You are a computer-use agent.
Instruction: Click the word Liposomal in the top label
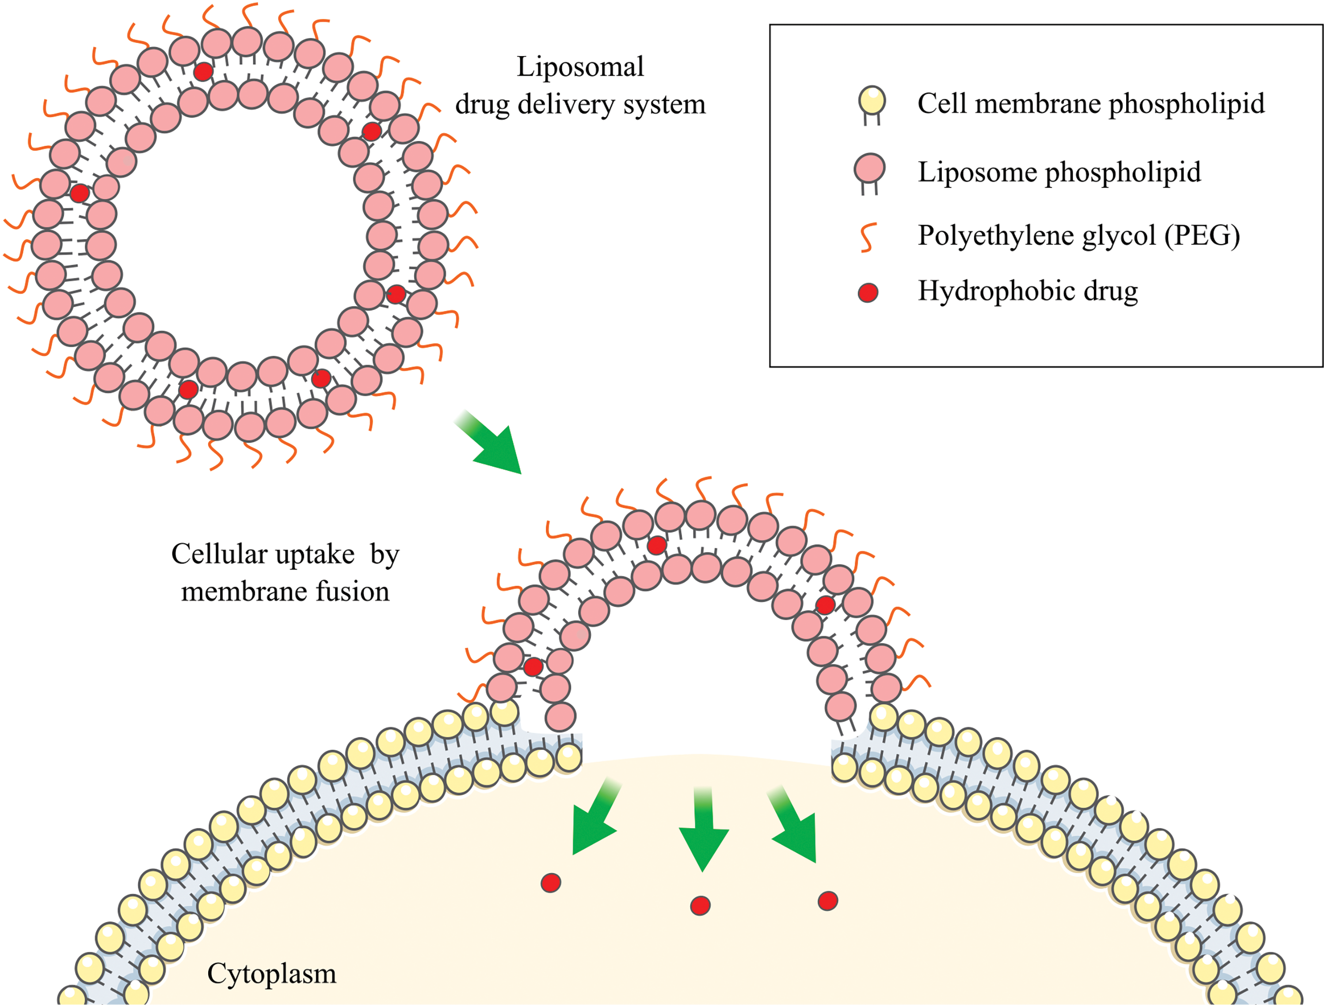(580, 67)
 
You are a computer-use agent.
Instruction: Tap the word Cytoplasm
(271, 974)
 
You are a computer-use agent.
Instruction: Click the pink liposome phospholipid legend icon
(869, 174)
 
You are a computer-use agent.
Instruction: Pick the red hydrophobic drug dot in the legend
(868, 293)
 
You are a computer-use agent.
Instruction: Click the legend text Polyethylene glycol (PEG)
(1079, 236)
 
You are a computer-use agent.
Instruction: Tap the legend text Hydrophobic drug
(1028, 291)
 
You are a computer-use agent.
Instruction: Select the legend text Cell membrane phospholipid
(1091, 104)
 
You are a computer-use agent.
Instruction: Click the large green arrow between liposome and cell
(488, 442)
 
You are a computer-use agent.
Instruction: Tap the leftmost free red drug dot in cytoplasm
(551, 883)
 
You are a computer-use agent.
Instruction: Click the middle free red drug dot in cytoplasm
(700, 905)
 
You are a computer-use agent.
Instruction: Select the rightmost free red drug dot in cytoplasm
(828, 901)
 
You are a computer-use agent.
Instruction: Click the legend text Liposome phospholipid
(1059, 173)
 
